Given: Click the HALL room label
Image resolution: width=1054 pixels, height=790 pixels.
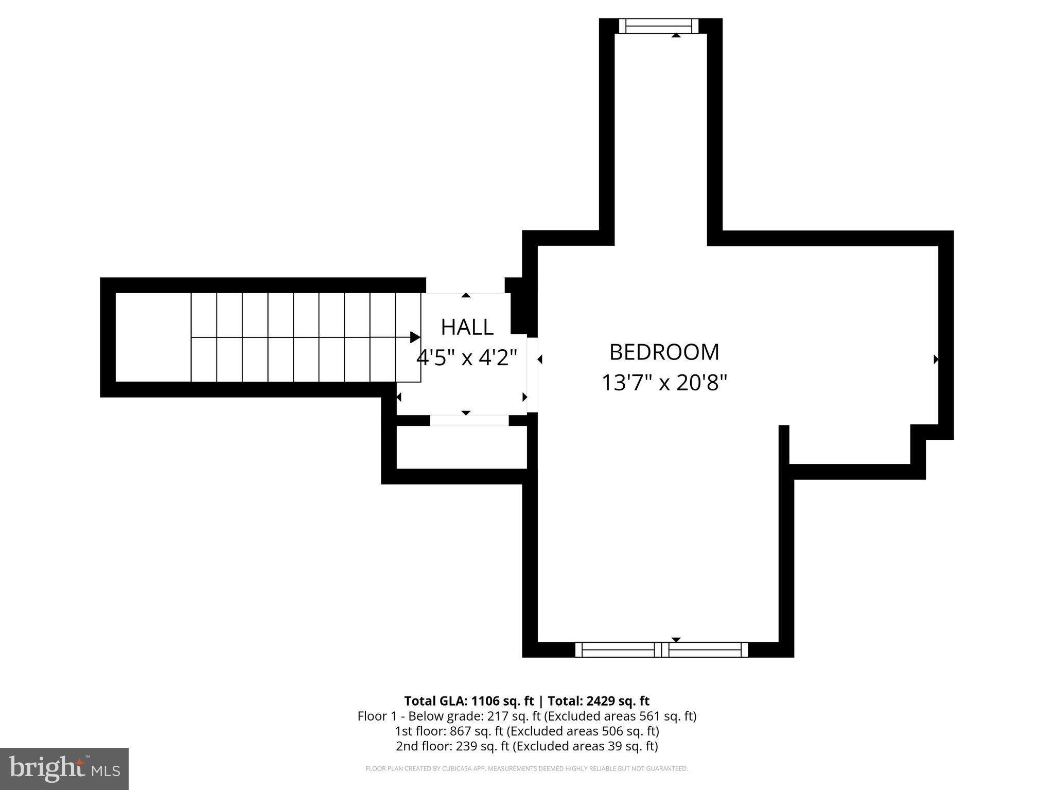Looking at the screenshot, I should point(467,327).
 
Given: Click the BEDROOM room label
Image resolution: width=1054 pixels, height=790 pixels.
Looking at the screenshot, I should point(664,352).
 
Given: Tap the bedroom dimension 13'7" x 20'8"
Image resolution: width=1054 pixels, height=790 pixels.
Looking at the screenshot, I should point(664,383).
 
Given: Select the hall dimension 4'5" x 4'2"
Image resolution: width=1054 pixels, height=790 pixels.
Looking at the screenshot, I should point(466,357).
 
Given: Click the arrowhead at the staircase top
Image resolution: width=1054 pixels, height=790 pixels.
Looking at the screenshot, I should point(415,337).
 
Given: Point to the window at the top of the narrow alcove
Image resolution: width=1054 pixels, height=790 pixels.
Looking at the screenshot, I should point(659,26).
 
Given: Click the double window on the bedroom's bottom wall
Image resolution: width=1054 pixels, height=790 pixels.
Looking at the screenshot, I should point(661,650).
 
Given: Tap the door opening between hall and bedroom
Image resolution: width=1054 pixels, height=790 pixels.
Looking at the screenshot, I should point(532,374).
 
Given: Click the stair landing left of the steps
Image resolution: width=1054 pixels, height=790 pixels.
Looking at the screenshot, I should point(153,337).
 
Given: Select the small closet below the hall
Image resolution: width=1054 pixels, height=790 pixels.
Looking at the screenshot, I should point(462,447).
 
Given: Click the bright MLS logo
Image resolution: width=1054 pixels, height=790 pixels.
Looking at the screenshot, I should point(64,768).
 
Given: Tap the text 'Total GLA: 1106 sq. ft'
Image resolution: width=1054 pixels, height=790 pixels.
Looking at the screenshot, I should point(469,701).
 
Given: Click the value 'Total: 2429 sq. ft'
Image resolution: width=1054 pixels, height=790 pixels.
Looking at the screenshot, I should point(598,701).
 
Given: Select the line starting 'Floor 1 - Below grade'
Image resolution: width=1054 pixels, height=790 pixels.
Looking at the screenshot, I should point(526,716).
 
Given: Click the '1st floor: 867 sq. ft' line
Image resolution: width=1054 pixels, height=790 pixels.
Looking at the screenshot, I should point(526,731).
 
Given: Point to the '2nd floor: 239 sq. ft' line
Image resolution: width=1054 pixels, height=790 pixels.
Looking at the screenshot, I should point(526,746).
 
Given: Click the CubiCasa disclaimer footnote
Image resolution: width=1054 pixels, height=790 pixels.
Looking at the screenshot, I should point(526,768).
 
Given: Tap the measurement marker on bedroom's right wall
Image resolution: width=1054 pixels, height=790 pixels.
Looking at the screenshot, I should point(936,360).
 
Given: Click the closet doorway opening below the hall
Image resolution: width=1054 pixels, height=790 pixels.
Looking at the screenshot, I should point(469,420).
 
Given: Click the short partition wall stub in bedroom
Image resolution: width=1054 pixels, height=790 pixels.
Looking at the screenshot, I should point(784,445).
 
